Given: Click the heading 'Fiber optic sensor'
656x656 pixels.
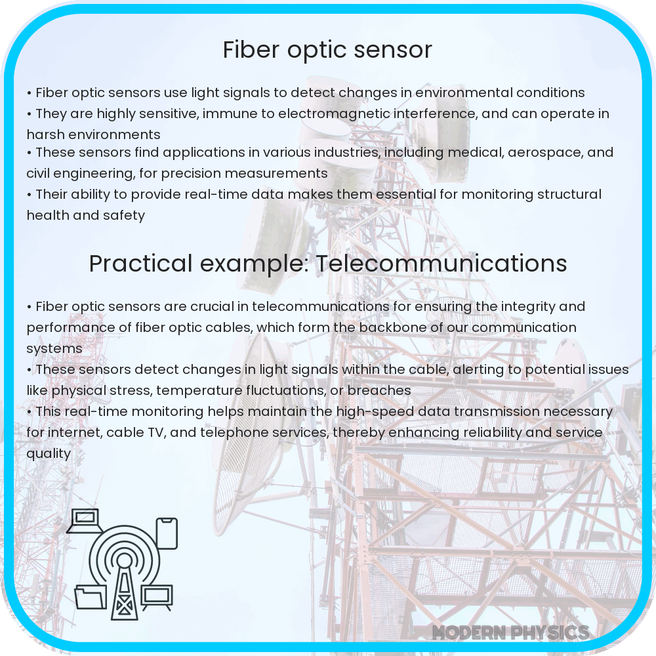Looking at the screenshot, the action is coord(327,50).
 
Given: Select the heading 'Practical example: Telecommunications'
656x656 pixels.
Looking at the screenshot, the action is coord(327,263).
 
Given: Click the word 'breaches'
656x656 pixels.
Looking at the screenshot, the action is coord(380,390).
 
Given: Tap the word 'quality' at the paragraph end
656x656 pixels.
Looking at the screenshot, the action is coord(49,453).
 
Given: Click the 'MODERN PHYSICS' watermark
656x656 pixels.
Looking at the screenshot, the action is coord(510,632).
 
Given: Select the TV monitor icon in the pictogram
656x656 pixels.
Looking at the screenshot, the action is coord(157,596).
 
